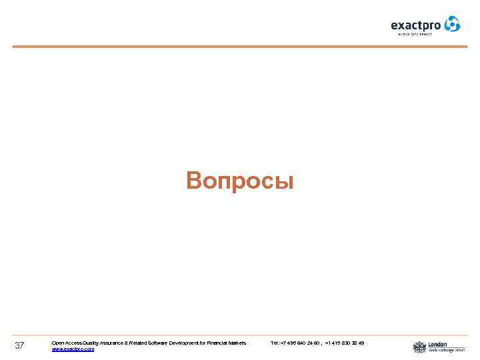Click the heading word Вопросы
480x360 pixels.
click(x=240, y=181)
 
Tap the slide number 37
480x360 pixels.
click(x=19, y=345)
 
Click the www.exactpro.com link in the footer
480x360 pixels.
click(x=73, y=349)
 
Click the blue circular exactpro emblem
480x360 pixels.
click(x=453, y=24)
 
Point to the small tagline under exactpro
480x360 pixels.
click(x=415, y=33)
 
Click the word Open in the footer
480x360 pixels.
click(x=57, y=343)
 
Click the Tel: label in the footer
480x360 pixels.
click(x=275, y=343)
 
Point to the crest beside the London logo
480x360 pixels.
click(x=419, y=347)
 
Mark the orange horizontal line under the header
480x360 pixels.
click(x=240, y=47)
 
